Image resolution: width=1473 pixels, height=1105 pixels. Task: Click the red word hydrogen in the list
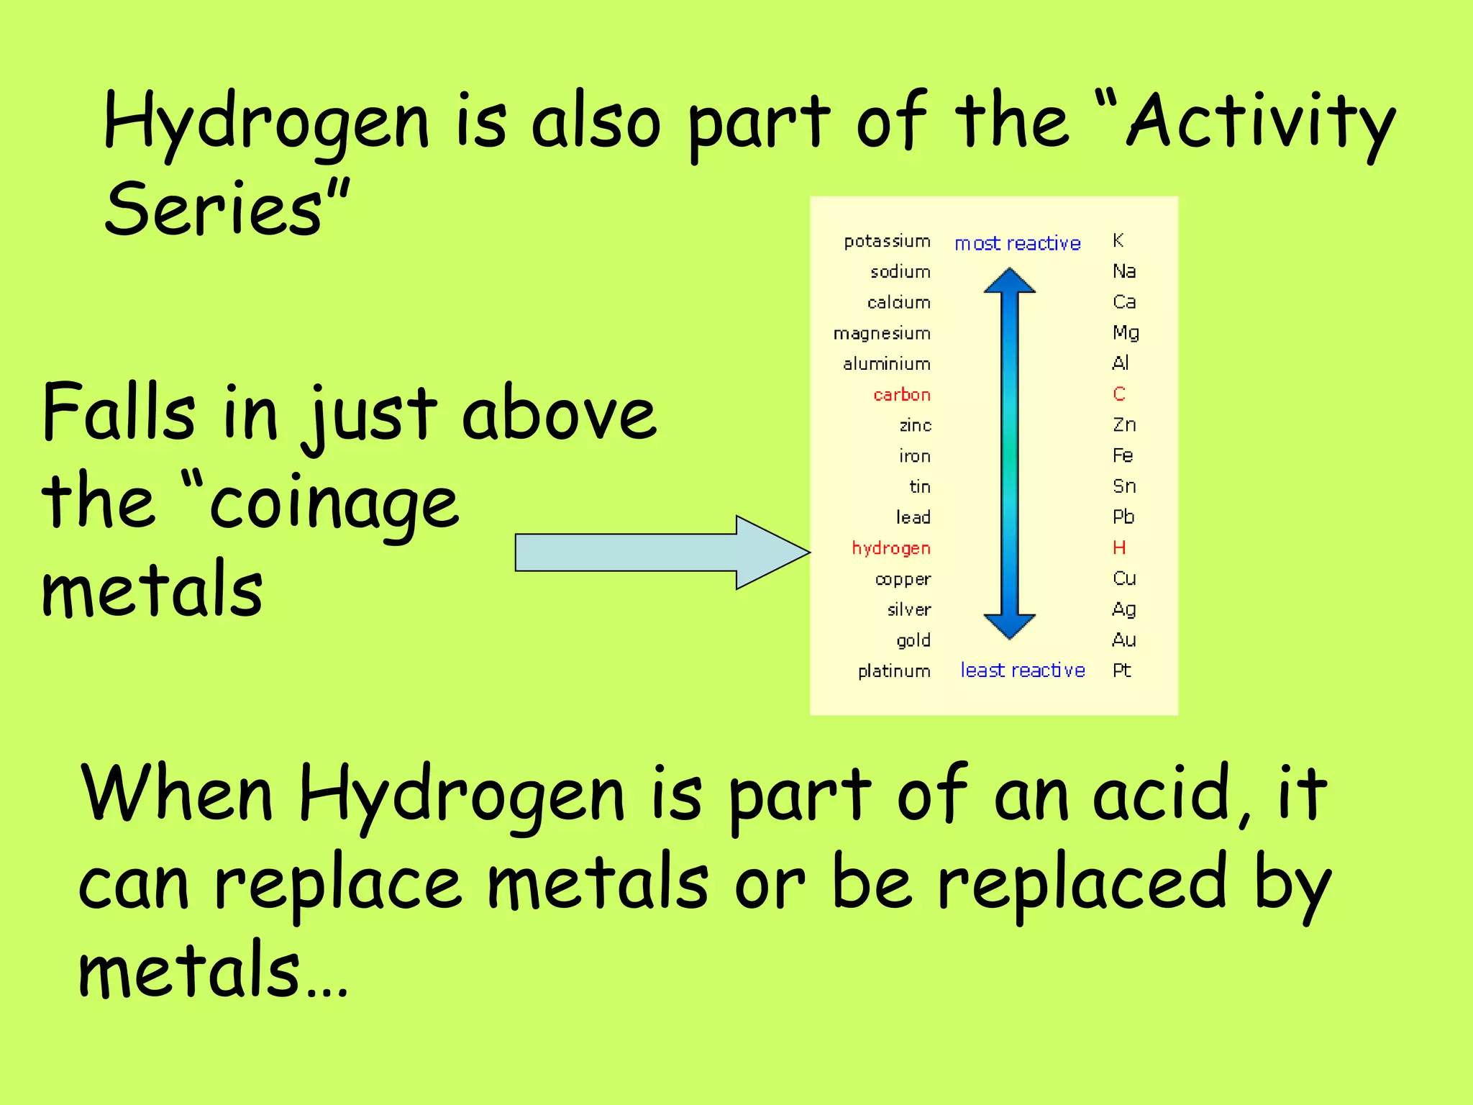click(x=890, y=548)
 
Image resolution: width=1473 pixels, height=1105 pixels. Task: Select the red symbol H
click(x=1118, y=547)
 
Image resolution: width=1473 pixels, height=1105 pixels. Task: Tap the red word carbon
click(x=901, y=394)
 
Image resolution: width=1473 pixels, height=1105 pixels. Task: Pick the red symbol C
click(x=1118, y=394)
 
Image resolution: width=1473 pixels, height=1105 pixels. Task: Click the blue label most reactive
click(x=1017, y=243)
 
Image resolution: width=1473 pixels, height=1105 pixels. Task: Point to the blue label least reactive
click(x=1022, y=670)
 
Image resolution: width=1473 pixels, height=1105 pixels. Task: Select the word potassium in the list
click(x=887, y=241)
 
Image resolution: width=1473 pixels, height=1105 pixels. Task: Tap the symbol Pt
click(x=1121, y=670)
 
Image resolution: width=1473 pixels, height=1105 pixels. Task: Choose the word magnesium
click(x=882, y=333)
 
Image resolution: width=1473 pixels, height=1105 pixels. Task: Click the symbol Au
click(x=1123, y=640)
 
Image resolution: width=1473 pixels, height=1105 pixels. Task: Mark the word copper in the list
click(x=903, y=579)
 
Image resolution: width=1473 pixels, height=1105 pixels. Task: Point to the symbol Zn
click(x=1123, y=424)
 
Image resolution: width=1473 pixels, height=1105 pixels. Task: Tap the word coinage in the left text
click(x=334, y=504)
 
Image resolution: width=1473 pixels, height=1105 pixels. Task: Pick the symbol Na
click(x=1123, y=271)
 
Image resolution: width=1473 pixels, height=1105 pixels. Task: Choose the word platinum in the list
click(x=893, y=671)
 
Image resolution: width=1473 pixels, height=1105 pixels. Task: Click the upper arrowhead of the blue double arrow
click(x=1010, y=281)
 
